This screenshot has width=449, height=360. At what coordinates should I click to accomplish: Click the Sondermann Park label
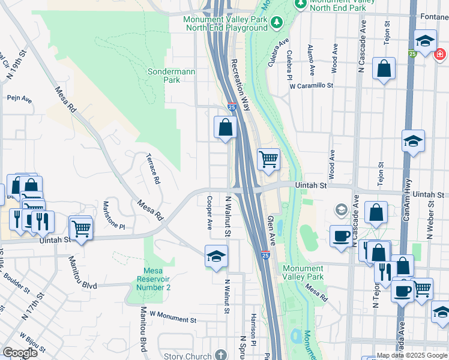pyautogui.click(x=163, y=75)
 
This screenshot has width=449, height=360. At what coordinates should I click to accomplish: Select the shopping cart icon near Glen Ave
pyautogui.click(x=268, y=159)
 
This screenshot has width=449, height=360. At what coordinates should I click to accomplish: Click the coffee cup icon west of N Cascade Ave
pyautogui.click(x=342, y=236)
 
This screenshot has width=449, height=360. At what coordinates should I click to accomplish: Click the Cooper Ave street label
pyautogui.click(x=209, y=213)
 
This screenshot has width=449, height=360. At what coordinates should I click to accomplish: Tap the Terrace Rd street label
pyautogui.click(x=153, y=169)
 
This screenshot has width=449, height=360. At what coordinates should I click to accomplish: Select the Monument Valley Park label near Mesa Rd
pyautogui.click(x=303, y=272)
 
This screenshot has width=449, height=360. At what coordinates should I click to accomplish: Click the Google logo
pyautogui.click(x=19, y=353)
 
